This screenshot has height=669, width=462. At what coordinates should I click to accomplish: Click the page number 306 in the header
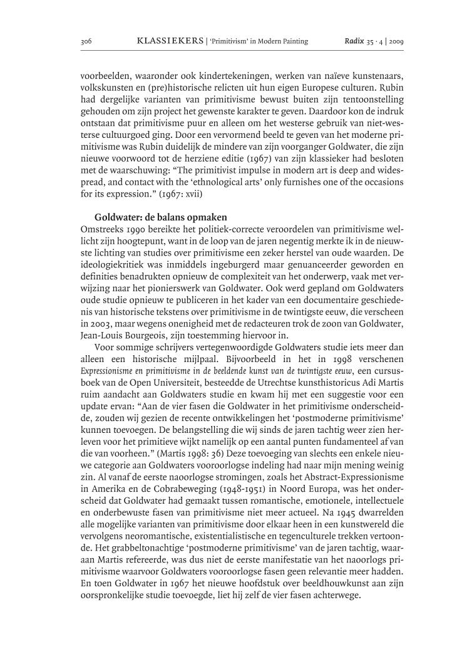coord(86,42)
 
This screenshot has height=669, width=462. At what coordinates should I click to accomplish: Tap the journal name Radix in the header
coord(353,41)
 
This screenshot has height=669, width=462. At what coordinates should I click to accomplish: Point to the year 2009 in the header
coord(396,42)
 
